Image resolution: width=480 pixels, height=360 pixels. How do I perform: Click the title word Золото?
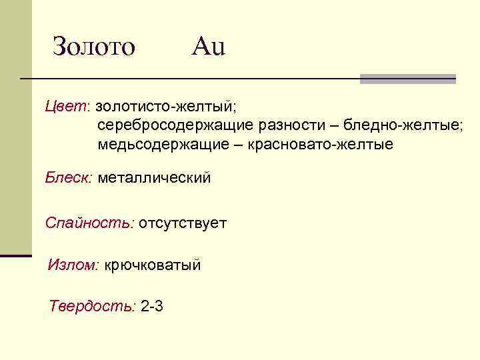point(94,46)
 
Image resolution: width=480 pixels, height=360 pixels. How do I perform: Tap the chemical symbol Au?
point(209,46)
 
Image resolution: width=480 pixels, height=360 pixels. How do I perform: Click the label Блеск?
point(69,177)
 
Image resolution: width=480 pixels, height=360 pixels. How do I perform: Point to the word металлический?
point(154,177)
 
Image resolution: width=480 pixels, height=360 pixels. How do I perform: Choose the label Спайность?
point(89,222)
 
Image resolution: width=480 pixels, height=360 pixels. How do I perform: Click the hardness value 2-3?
point(153,307)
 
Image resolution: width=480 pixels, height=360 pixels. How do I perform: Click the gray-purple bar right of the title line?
point(407,79)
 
